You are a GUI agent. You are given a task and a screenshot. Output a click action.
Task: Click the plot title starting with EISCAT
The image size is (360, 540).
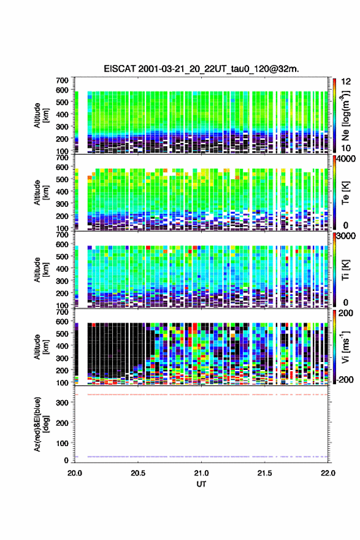(x=201, y=69)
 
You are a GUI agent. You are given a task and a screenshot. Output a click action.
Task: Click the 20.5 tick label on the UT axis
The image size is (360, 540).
(x=138, y=473)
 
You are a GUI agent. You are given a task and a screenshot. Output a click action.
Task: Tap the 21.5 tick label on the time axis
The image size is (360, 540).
(x=265, y=473)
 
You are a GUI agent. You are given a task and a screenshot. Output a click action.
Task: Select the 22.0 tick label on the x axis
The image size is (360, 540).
(x=328, y=473)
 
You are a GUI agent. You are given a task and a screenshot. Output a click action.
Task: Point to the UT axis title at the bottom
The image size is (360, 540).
(x=201, y=484)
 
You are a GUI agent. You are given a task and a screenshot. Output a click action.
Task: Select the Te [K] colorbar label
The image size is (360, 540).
(x=345, y=193)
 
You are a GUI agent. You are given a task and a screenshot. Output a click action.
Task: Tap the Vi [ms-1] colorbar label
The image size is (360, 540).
(x=345, y=347)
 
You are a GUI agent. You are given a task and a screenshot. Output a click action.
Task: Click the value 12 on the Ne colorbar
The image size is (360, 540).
(x=347, y=82)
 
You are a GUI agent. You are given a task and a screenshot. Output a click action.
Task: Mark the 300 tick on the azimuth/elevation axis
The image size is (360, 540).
(x=63, y=403)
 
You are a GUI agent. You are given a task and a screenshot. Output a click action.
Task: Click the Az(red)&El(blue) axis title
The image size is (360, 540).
(x=41, y=424)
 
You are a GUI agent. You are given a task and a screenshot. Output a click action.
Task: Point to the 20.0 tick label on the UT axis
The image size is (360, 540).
(x=75, y=473)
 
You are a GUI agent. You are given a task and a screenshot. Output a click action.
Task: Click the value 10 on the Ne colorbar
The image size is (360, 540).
(x=347, y=148)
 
